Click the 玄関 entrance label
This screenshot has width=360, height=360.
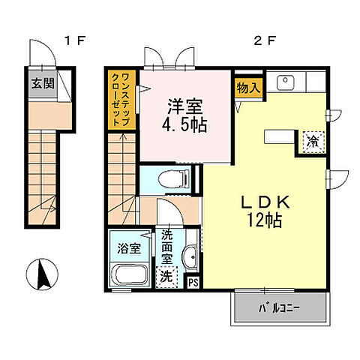(x=43, y=83)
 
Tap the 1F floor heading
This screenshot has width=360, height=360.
(x=75, y=40)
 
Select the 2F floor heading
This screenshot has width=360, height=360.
(x=265, y=40)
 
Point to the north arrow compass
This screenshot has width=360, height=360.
(x=43, y=274)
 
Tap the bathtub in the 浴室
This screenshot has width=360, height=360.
(x=129, y=274)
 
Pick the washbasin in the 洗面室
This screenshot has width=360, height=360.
(x=190, y=257)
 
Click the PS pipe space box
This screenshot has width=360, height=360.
(x=193, y=283)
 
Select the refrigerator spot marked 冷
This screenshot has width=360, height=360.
(x=313, y=142)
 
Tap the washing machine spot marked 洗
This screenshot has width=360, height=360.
(x=166, y=277)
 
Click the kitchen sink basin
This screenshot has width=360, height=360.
(x=285, y=82)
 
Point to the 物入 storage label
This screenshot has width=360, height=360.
(x=248, y=88)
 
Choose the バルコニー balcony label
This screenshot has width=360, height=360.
(x=279, y=308)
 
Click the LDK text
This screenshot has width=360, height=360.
(x=265, y=202)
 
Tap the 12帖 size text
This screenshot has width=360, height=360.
(x=265, y=220)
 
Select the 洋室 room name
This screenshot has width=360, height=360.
(x=185, y=106)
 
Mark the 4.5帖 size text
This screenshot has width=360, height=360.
(x=184, y=124)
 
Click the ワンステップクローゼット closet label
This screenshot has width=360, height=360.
(x=121, y=100)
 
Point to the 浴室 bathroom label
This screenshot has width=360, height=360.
(x=129, y=248)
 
